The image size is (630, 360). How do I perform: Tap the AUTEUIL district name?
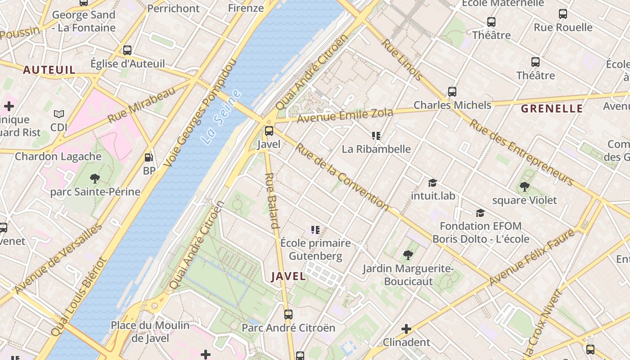click(x=49, y=70)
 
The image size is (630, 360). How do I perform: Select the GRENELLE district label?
click(x=552, y=108)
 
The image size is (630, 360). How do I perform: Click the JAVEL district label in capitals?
click(x=288, y=276)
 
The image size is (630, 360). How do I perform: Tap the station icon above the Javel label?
click(x=269, y=131)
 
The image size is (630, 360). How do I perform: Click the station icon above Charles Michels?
click(x=452, y=92)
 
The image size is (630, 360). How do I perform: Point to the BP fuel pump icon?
click(x=148, y=157)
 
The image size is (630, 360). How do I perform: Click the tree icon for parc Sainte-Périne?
click(x=94, y=179)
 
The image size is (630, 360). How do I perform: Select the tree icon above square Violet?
click(x=524, y=186)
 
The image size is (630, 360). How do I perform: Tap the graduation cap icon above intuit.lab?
click(x=432, y=183)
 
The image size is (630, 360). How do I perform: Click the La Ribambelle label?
click(x=376, y=149)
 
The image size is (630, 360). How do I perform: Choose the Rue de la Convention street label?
click(x=342, y=176)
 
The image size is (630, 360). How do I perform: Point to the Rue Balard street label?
click(x=271, y=201)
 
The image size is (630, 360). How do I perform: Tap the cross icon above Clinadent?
click(x=406, y=329)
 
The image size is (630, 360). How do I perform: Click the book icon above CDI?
click(x=59, y=114)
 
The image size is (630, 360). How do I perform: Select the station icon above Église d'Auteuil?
click(x=127, y=50)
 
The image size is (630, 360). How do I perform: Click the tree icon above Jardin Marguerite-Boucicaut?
click(x=408, y=255)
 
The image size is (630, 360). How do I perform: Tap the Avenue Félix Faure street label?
click(x=531, y=257)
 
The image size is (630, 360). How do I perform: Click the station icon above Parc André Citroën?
click(x=288, y=315)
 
